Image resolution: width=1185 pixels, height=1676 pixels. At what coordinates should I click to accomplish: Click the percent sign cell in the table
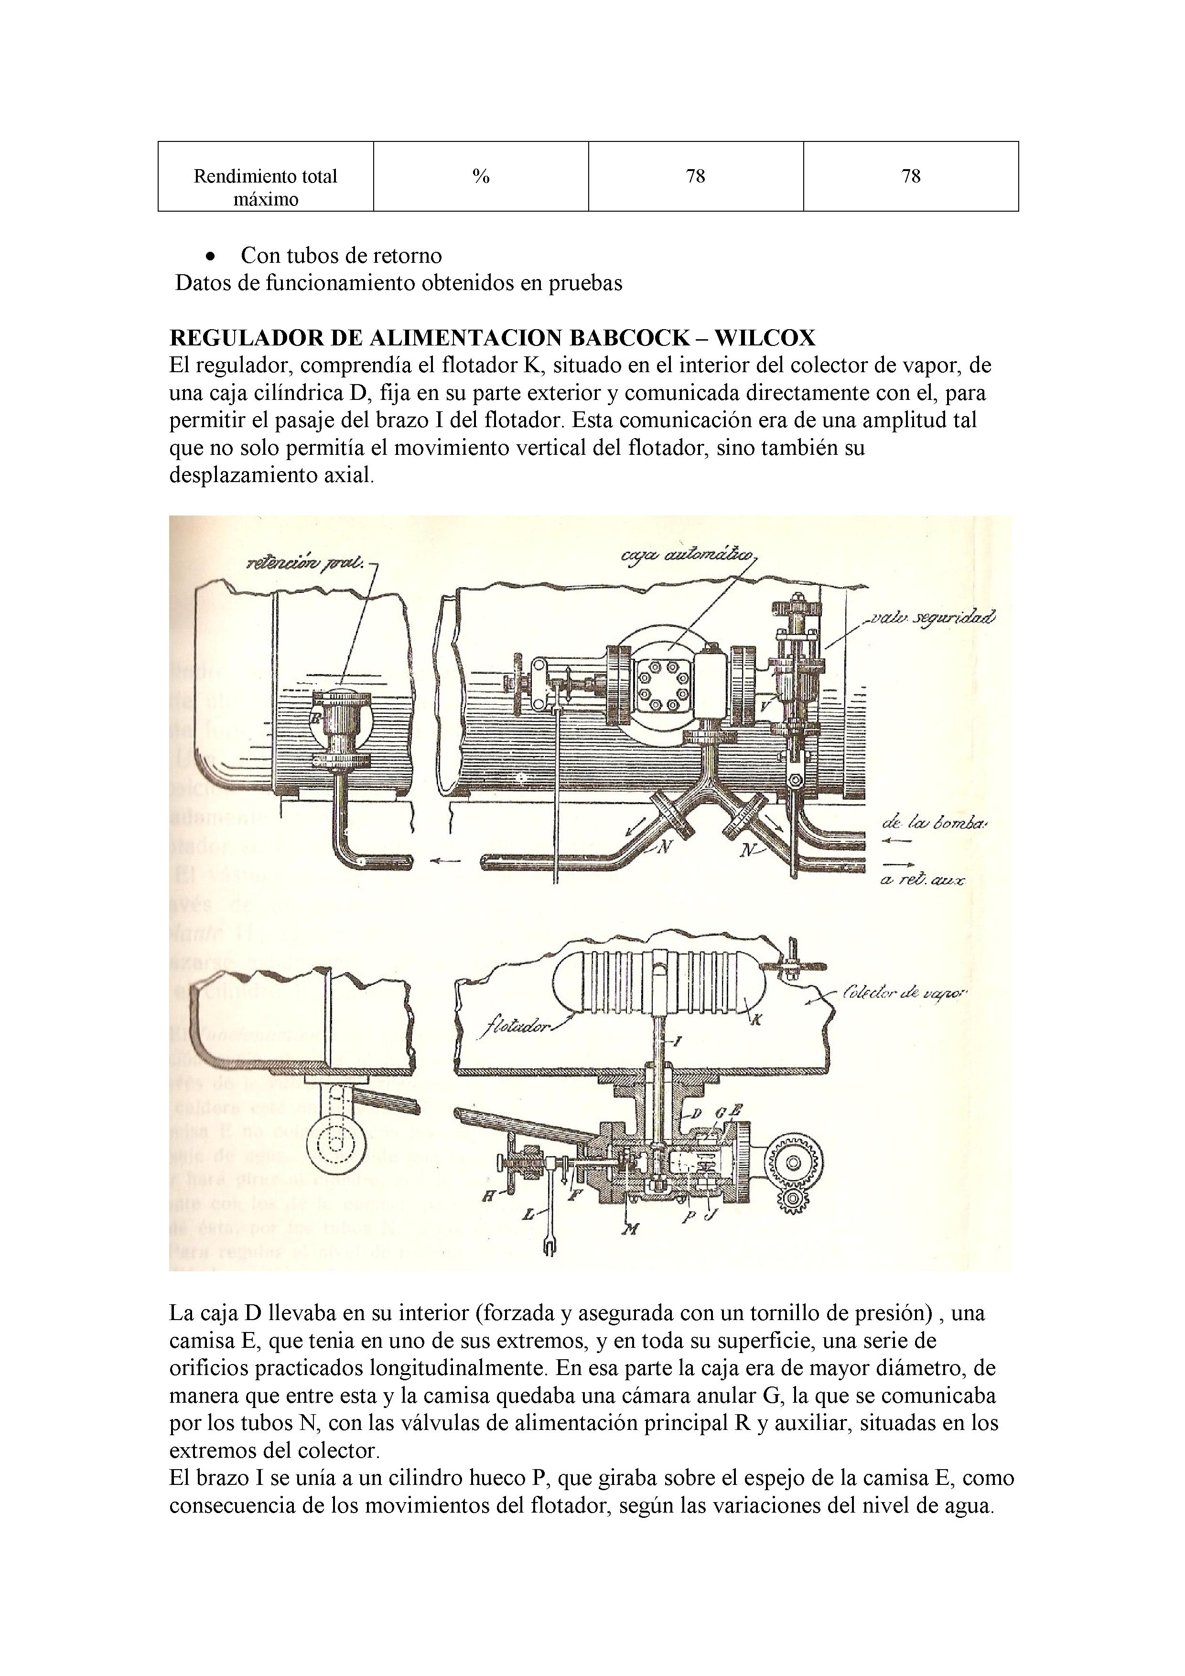tap(480, 176)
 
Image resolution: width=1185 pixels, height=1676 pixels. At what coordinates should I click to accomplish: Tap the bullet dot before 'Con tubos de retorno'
tap(211, 256)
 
